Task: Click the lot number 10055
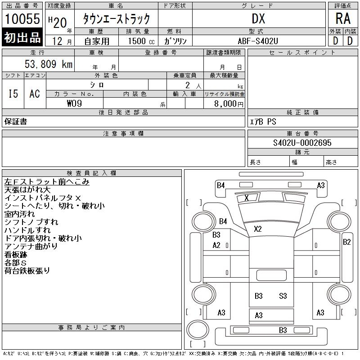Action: (x=22, y=19)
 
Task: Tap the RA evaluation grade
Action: (x=343, y=19)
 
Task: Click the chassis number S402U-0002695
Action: (x=302, y=143)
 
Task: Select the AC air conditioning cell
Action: (x=35, y=94)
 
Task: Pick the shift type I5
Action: (x=13, y=94)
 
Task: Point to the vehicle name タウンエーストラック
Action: (x=116, y=19)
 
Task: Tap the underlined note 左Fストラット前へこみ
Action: (x=47, y=182)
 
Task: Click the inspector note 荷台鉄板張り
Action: (x=27, y=271)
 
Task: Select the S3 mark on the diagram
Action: (x=283, y=296)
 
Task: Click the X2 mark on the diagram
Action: (x=257, y=229)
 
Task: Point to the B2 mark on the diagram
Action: (x=346, y=242)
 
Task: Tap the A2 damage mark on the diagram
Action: (x=216, y=245)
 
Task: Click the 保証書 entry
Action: (x=16, y=121)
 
